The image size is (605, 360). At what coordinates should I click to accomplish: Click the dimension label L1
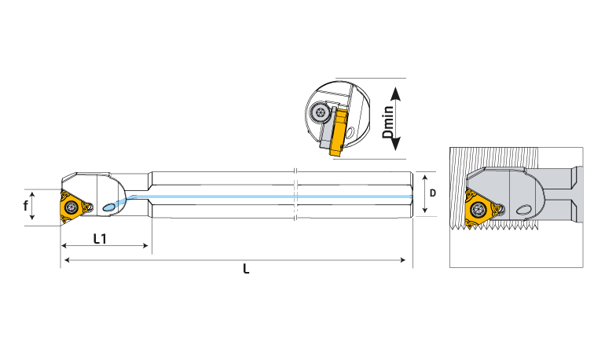[100, 238]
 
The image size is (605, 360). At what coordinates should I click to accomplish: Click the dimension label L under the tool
[247, 269]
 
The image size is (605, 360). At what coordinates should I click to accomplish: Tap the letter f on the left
[27, 207]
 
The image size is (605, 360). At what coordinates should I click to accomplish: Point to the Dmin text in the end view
[388, 123]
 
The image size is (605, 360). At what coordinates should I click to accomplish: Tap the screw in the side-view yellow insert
[72, 208]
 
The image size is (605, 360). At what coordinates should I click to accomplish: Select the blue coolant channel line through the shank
[275, 196]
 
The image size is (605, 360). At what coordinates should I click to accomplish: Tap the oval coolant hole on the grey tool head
[523, 210]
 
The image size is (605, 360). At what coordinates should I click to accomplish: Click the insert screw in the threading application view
[477, 210]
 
